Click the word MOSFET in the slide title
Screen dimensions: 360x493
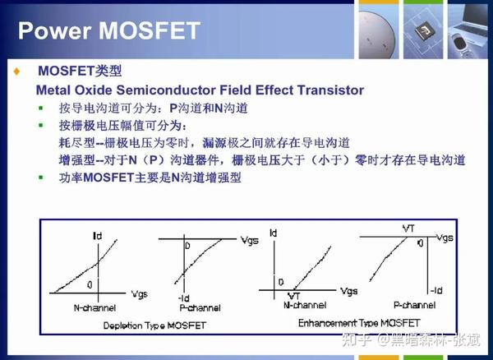(x=147, y=31)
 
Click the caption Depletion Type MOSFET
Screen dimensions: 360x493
(x=154, y=325)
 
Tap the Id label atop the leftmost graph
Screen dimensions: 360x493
(x=98, y=237)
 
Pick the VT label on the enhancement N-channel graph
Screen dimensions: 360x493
(x=293, y=295)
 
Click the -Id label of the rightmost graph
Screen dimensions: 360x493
(x=436, y=289)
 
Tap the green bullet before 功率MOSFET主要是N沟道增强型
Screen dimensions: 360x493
(x=41, y=178)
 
